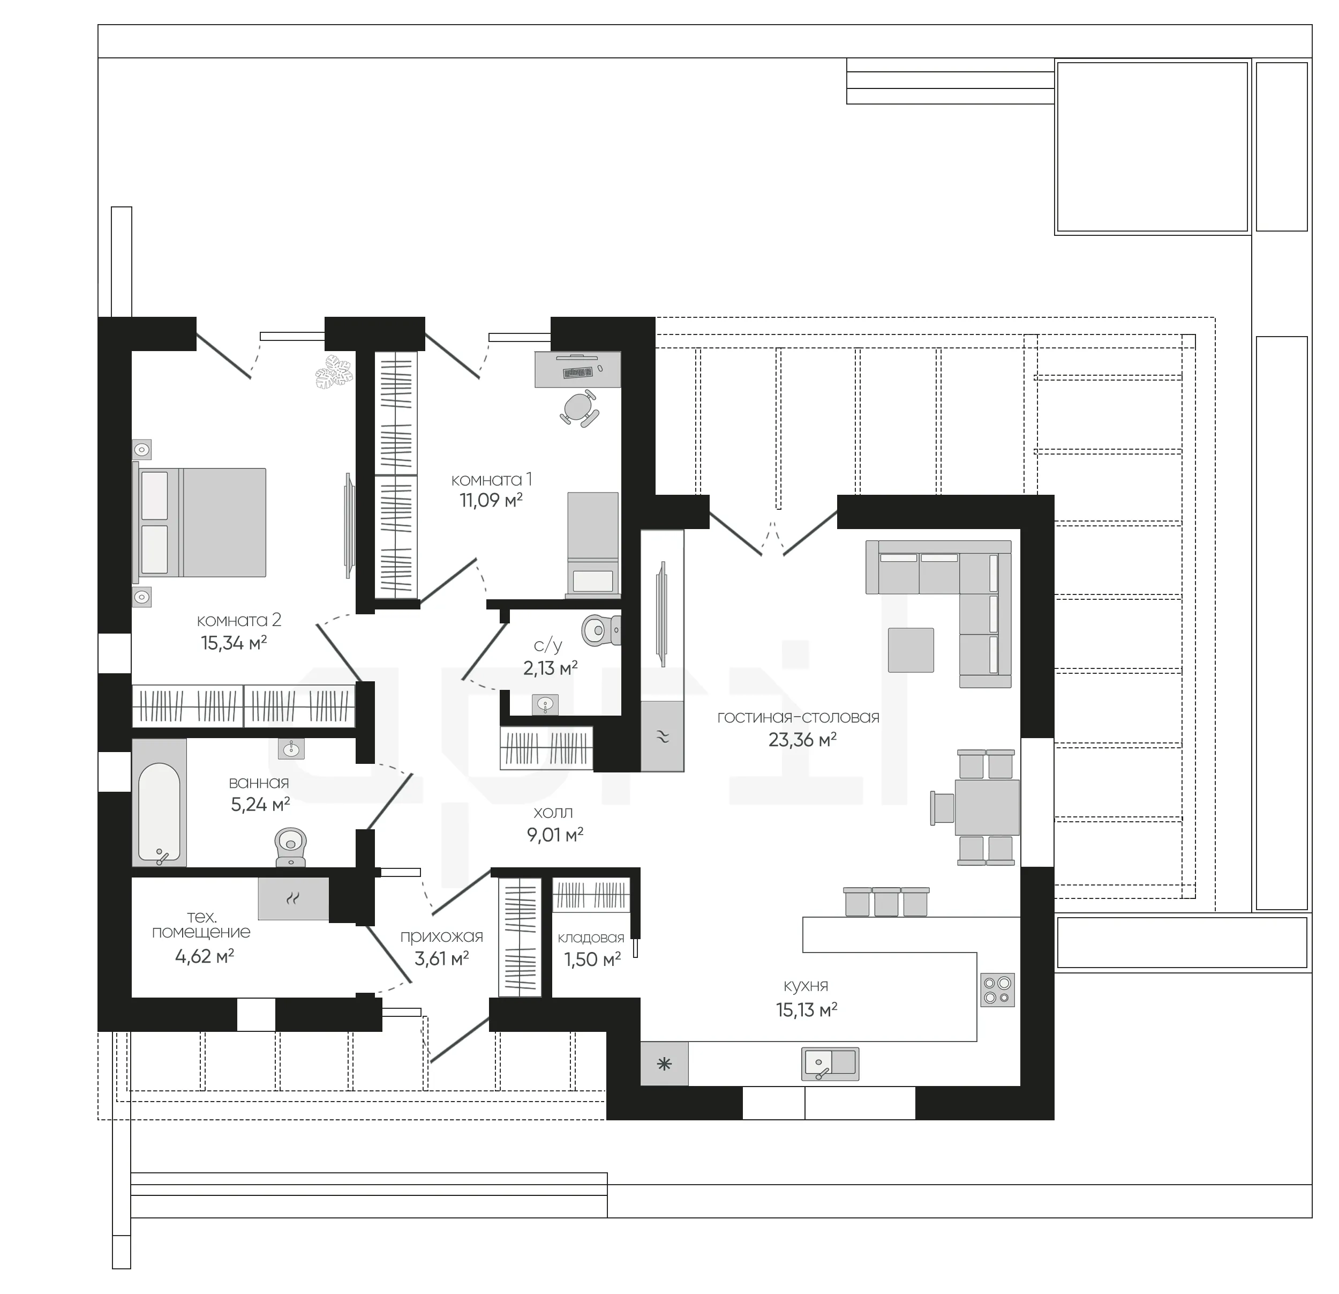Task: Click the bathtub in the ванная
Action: click(159, 802)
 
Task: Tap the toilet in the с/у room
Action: click(601, 629)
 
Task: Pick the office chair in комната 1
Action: click(580, 408)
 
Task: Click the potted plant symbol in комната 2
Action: click(334, 372)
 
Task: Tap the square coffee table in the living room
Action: click(911, 650)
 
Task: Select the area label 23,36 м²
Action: click(803, 740)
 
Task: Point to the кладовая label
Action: click(591, 938)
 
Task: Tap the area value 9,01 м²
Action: click(555, 835)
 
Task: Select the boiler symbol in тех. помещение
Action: click(293, 898)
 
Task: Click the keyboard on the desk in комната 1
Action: click(578, 373)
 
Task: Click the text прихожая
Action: click(441, 936)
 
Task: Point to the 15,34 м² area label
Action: click(234, 643)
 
